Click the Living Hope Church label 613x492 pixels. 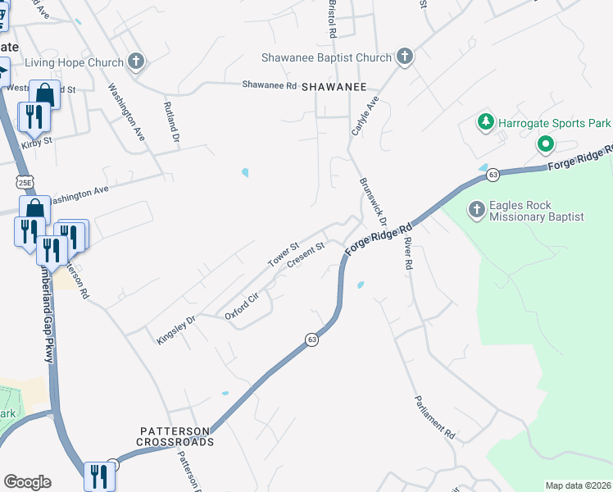[74, 62]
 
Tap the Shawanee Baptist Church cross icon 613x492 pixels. [404, 57]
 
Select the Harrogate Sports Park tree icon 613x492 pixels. [485, 123]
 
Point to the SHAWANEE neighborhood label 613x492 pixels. [333, 86]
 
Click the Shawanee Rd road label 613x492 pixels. [269, 84]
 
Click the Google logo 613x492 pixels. [27, 482]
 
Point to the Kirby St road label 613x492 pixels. [37, 141]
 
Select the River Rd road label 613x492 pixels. [406, 254]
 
